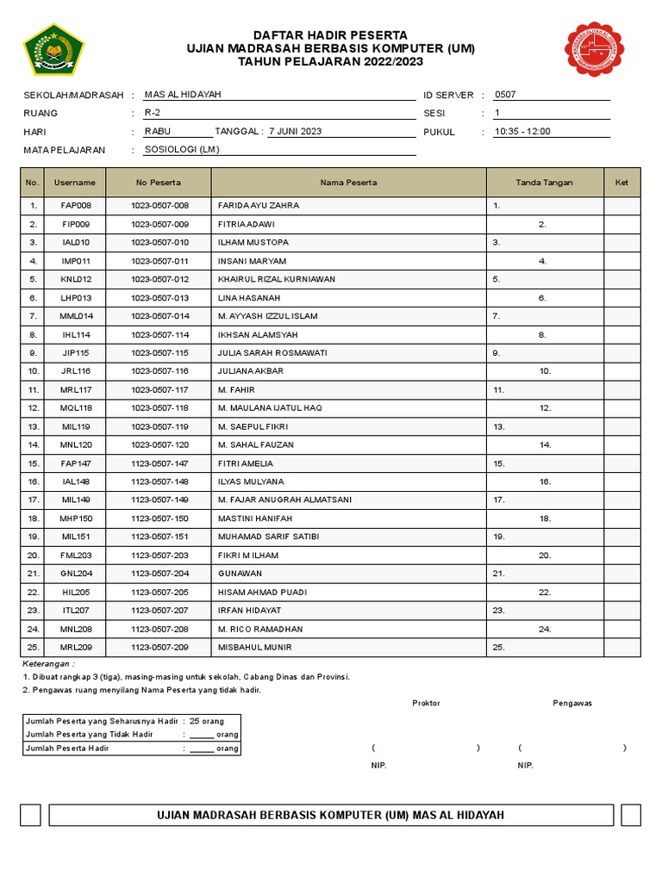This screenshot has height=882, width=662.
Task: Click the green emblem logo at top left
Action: click(x=53, y=48)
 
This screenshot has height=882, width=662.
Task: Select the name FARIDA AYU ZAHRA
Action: click(x=259, y=206)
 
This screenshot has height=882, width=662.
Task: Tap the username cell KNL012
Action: click(x=75, y=279)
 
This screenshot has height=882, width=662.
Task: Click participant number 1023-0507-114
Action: click(x=159, y=334)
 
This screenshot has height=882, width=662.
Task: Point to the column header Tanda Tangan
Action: click(x=544, y=183)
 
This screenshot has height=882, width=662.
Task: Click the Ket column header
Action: click(x=621, y=183)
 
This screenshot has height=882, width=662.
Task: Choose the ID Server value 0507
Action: click(x=505, y=95)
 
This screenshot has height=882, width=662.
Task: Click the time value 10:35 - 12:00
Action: click(x=521, y=132)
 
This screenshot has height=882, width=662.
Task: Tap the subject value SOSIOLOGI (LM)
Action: click(x=182, y=150)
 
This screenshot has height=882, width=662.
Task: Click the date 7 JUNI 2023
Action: click(x=295, y=131)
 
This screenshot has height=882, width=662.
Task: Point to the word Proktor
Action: click(x=426, y=703)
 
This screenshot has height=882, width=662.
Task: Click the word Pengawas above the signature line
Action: click(x=572, y=703)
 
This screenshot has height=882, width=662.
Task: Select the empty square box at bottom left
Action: click(x=30, y=815)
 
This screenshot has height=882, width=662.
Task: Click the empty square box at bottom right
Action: click(x=630, y=815)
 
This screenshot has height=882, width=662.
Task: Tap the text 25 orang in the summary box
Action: click(x=206, y=720)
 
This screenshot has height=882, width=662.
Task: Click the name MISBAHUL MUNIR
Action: click(x=255, y=647)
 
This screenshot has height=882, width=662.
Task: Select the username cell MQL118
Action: click(x=75, y=407)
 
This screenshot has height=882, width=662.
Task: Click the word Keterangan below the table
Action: click(x=48, y=664)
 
